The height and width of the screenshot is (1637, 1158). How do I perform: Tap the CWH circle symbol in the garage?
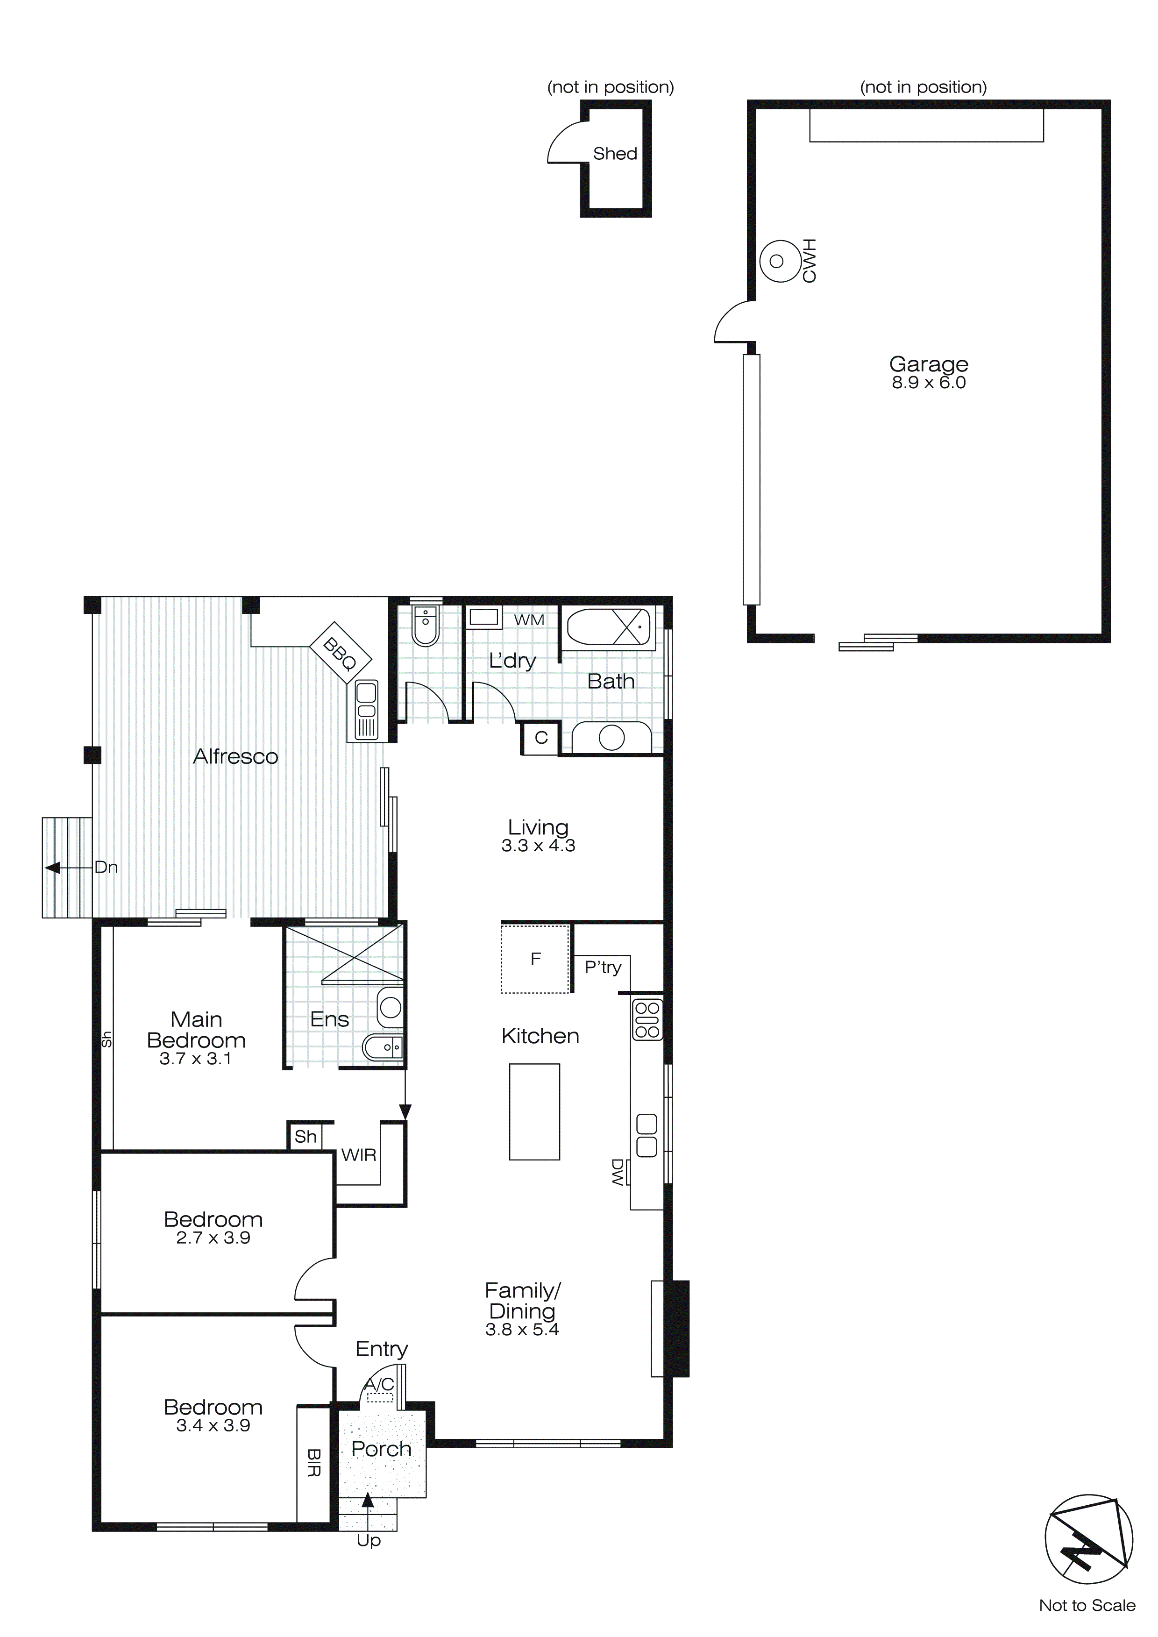[777, 261]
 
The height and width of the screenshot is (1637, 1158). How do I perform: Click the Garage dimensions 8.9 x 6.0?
[928, 383]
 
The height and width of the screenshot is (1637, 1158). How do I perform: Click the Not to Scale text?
[1087, 1605]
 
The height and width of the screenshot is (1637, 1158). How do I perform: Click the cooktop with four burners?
[647, 1019]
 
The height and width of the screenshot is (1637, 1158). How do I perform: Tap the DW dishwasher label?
[618, 1171]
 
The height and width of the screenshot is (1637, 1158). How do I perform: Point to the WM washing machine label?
[529, 620]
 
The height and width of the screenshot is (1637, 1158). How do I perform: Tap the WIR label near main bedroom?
[359, 1155]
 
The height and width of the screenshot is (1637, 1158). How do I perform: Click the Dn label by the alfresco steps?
[106, 868]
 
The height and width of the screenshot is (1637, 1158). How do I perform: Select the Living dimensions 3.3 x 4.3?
[538, 846]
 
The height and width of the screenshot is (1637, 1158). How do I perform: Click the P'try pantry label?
[603, 968]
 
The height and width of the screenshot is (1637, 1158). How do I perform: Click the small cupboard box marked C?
[541, 738]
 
